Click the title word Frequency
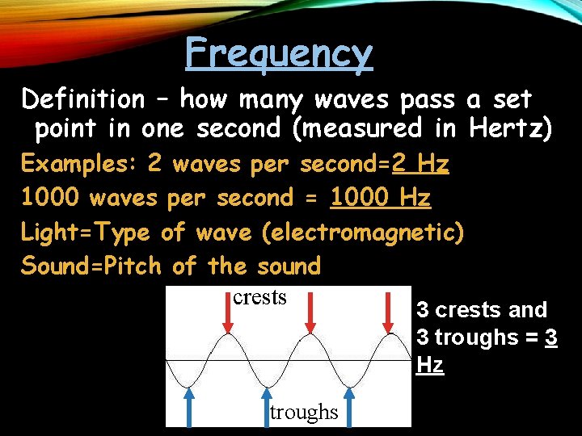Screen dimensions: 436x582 [279, 53]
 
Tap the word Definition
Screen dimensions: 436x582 [82, 99]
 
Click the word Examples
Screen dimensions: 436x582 [78, 164]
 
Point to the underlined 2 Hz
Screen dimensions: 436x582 [420, 164]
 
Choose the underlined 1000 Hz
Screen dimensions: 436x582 [381, 198]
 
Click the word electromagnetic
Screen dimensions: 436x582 [362, 233]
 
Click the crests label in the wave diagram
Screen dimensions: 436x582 [259, 297]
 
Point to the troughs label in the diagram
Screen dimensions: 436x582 [304, 412]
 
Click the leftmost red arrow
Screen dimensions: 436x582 [228, 316]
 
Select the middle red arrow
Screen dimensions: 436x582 [310, 316]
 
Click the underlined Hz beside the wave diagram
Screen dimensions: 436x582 [430, 365]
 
